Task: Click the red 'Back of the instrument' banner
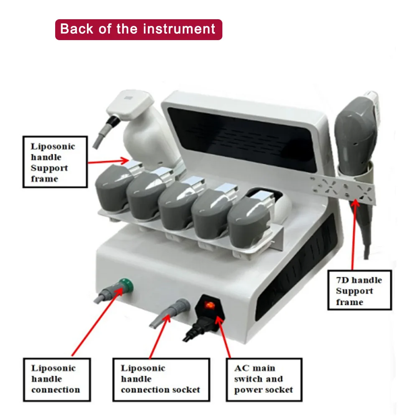[x=138, y=29]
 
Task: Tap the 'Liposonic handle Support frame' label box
[x=55, y=162]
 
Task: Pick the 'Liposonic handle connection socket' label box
[x=161, y=379]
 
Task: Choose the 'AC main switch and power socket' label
[x=264, y=379]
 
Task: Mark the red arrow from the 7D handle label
[x=353, y=234]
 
